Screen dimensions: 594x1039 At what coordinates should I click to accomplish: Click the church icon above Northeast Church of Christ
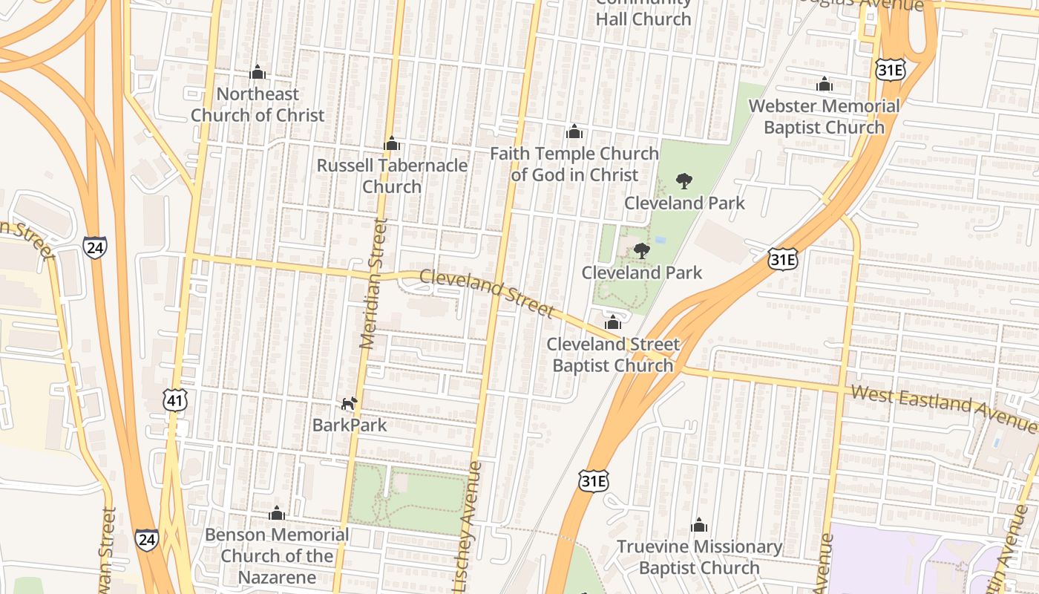tap(258, 72)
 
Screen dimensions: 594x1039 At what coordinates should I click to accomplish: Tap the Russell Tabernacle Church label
tap(392, 175)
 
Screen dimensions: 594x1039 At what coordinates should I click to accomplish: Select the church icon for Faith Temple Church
tap(574, 132)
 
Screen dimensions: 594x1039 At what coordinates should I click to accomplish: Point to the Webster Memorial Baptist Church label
tap(824, 117)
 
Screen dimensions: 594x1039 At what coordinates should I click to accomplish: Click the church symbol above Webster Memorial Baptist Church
tap(824, 84)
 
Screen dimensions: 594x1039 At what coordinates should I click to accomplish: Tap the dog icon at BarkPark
tap(349, 403)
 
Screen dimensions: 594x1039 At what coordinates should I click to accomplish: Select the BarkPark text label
tap(350, 425)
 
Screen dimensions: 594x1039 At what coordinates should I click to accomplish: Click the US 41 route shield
tap(175, 400)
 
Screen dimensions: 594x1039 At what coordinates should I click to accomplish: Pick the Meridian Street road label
tap(373, 284)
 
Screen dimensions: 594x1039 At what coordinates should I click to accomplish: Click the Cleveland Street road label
tap(486, 293)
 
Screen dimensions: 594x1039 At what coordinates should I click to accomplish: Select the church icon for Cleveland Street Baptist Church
tap(612, 322)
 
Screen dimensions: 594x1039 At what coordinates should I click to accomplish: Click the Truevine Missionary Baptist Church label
tap(699, 558)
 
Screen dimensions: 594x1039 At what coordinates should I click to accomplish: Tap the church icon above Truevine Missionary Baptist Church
tap(699, 526)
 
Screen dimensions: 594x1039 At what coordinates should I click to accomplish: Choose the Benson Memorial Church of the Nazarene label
tap(277, 555)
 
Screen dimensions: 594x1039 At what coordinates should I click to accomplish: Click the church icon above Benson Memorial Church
tap(277, 513)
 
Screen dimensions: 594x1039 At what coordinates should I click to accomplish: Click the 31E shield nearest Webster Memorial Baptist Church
tap(888, 70)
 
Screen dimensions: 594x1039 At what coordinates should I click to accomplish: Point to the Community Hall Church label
tap(643, 10)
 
